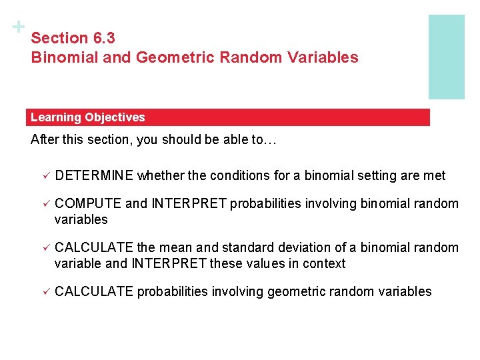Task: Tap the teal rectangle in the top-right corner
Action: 446,57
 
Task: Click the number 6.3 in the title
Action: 103,39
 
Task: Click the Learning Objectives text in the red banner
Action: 87,117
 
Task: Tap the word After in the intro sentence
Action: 45,141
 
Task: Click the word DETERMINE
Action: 95,176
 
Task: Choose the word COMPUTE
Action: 88,204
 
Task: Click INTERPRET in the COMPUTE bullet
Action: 189,204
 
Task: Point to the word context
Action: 323,264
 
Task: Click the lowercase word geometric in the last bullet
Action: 294,292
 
